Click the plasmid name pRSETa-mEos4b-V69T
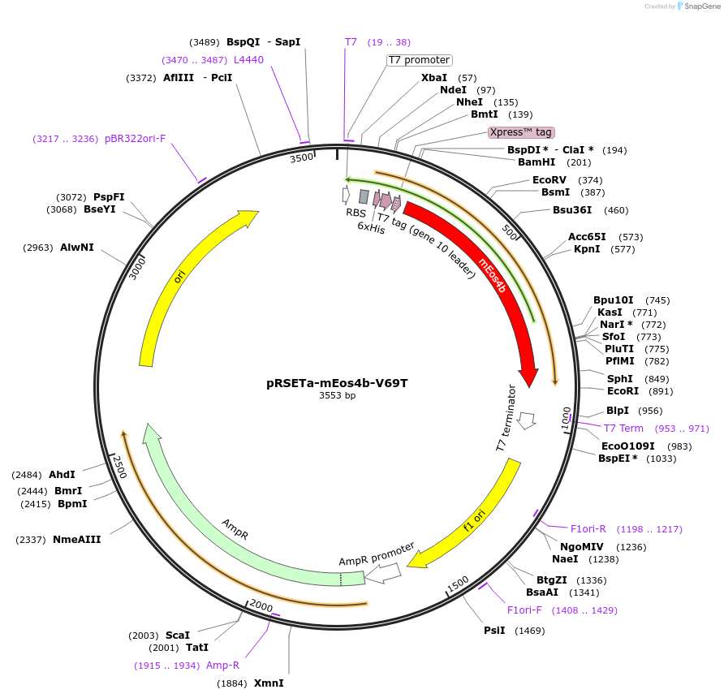point(336,383)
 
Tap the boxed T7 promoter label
point(419,60)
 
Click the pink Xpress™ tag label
point(521,131)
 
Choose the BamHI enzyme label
point(537,162)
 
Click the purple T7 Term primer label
point(623,428)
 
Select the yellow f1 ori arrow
point(471,519)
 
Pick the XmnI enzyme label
point(269,683)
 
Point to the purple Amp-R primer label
point(222,666)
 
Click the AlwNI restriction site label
point(77,248)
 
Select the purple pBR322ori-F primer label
point(135,139)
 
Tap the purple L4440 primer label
point(248,60)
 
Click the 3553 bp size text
point(336,396)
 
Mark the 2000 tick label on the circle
point(261,606)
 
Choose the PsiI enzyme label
point(494,631)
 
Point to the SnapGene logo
point(696,6)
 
